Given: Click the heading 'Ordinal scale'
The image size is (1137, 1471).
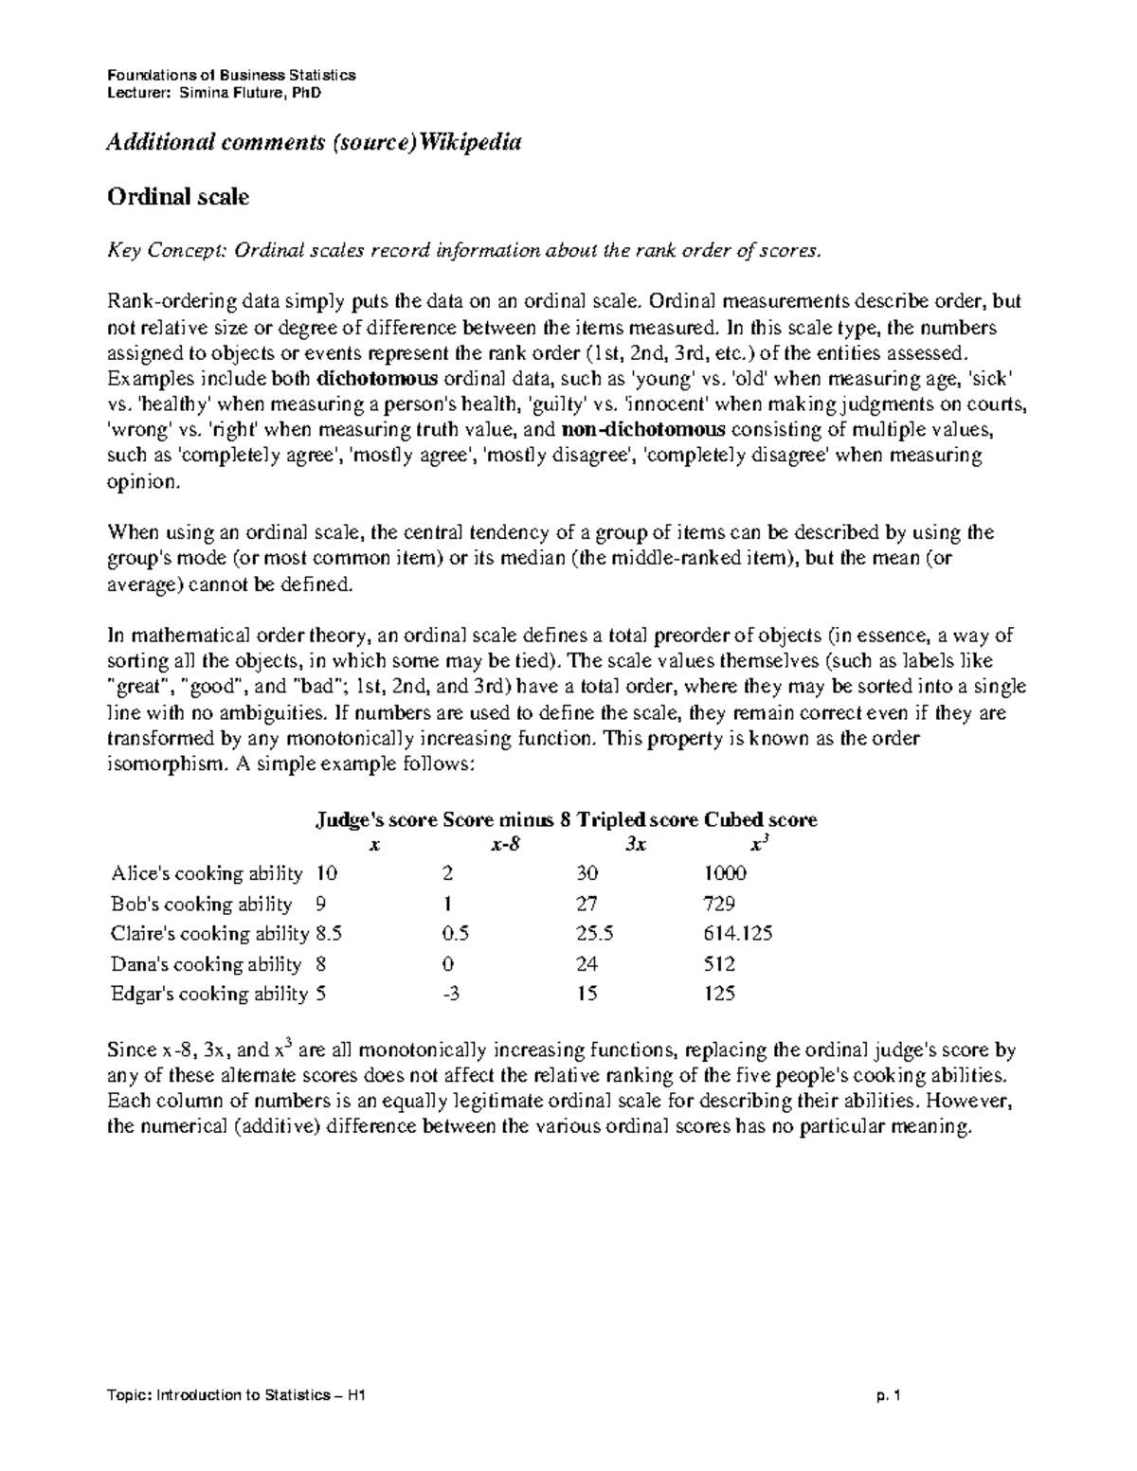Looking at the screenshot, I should (x=177, y=198).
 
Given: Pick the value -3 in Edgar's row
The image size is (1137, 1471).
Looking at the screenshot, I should (x=451, y=994).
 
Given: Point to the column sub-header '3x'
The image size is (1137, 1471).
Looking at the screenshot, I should (x=636, y=845).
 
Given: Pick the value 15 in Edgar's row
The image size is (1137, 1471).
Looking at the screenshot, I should (x=587, y=994).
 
